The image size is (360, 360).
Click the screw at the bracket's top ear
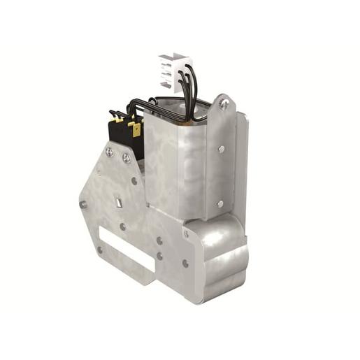click(224, 104)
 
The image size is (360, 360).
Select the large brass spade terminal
click(136, 129)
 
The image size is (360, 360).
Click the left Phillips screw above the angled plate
click(110, 151)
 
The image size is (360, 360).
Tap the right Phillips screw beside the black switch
click(126, 158)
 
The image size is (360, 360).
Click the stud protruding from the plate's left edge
click(83, 204)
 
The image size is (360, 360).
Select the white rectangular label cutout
click(126, 249)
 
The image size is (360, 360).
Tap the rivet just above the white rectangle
click(123, 226)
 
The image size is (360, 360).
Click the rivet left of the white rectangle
click(99, 249)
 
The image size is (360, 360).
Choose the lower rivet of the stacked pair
click(159, 256)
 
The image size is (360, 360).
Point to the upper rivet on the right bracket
click(222, 148)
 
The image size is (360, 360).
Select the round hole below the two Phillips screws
click(134, 180)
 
